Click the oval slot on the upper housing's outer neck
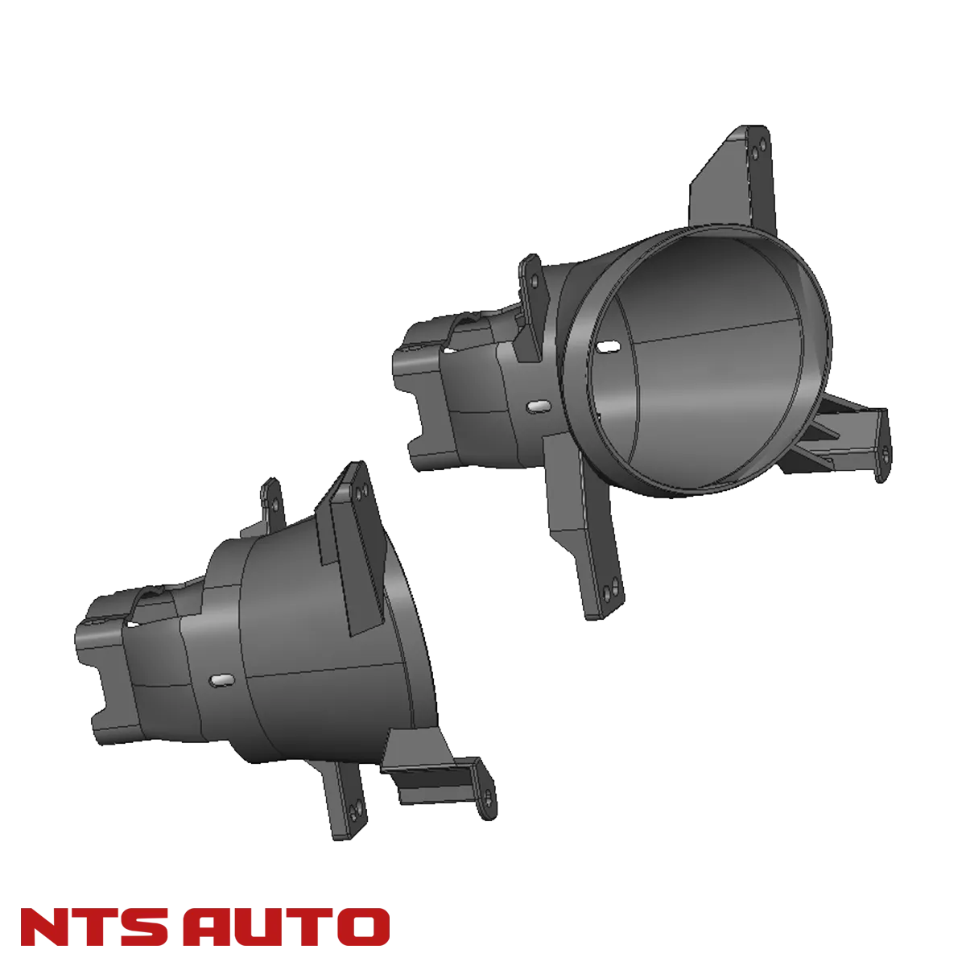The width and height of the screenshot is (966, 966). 535,407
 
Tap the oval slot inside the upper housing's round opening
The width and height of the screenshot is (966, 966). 609,345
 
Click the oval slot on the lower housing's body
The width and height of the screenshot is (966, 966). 220,681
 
